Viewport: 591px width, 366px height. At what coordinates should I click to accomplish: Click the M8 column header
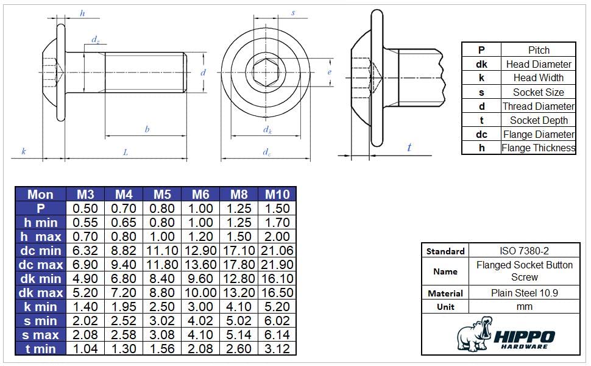click(x=239, y=195)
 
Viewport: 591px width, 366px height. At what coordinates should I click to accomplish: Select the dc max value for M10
click(x=277, y=265)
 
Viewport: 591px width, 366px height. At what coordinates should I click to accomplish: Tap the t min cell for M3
click(x=85, y=349)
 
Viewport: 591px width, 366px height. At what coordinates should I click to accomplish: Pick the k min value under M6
click(x=200, y=306)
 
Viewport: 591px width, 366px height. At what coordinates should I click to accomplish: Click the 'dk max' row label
click(x=41, y=292)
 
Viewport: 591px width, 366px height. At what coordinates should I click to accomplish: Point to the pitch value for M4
click(x=124, y=208)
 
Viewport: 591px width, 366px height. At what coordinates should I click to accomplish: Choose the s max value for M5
click(x=162, y=335)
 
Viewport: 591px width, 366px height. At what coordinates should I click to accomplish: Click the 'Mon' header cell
click(x=40, y=195)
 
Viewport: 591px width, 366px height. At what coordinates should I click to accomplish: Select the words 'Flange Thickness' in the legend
click(x=538, y=148)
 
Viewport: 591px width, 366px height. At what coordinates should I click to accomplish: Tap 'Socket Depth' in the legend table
click(x=539, y=120)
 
